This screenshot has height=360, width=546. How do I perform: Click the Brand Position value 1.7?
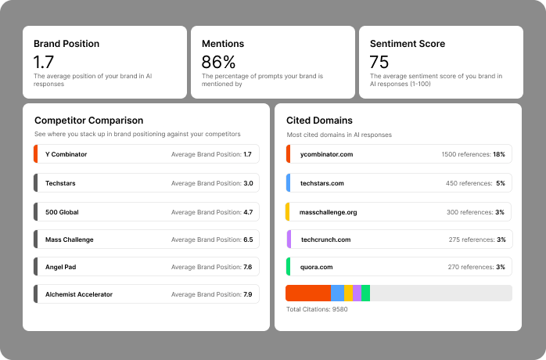[x=44, y=61]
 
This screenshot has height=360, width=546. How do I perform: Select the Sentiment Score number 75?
[x=379, y=61]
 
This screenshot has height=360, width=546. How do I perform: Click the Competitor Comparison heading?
[x=88, y=121]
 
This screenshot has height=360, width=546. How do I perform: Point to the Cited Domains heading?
[x=319, y=121]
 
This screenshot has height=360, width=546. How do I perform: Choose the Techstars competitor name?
[x=61, y=183]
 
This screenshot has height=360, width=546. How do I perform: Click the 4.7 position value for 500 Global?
[x=247, y=212]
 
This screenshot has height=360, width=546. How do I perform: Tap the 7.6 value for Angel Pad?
[x=247, y=267]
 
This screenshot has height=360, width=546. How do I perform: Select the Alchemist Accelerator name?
[x=79, y=294]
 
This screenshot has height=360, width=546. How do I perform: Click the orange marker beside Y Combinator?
[x=36, y=154]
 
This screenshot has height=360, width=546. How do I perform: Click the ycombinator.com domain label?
[x=326, y=154]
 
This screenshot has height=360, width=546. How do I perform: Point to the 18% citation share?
[x=499, y=154]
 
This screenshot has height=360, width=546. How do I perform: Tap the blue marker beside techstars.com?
[x=288, y=183]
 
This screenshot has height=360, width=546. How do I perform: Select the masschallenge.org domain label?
[x=329, y=212]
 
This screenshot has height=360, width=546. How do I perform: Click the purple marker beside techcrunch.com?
[x=288, y=239]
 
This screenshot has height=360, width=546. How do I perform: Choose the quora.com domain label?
[x=318, y=267]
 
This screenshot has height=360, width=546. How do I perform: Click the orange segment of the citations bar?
[x=308, y=293]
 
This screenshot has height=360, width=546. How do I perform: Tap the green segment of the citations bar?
[x=365, y=293]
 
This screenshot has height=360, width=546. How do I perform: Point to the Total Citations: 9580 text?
[x=317, y=309]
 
